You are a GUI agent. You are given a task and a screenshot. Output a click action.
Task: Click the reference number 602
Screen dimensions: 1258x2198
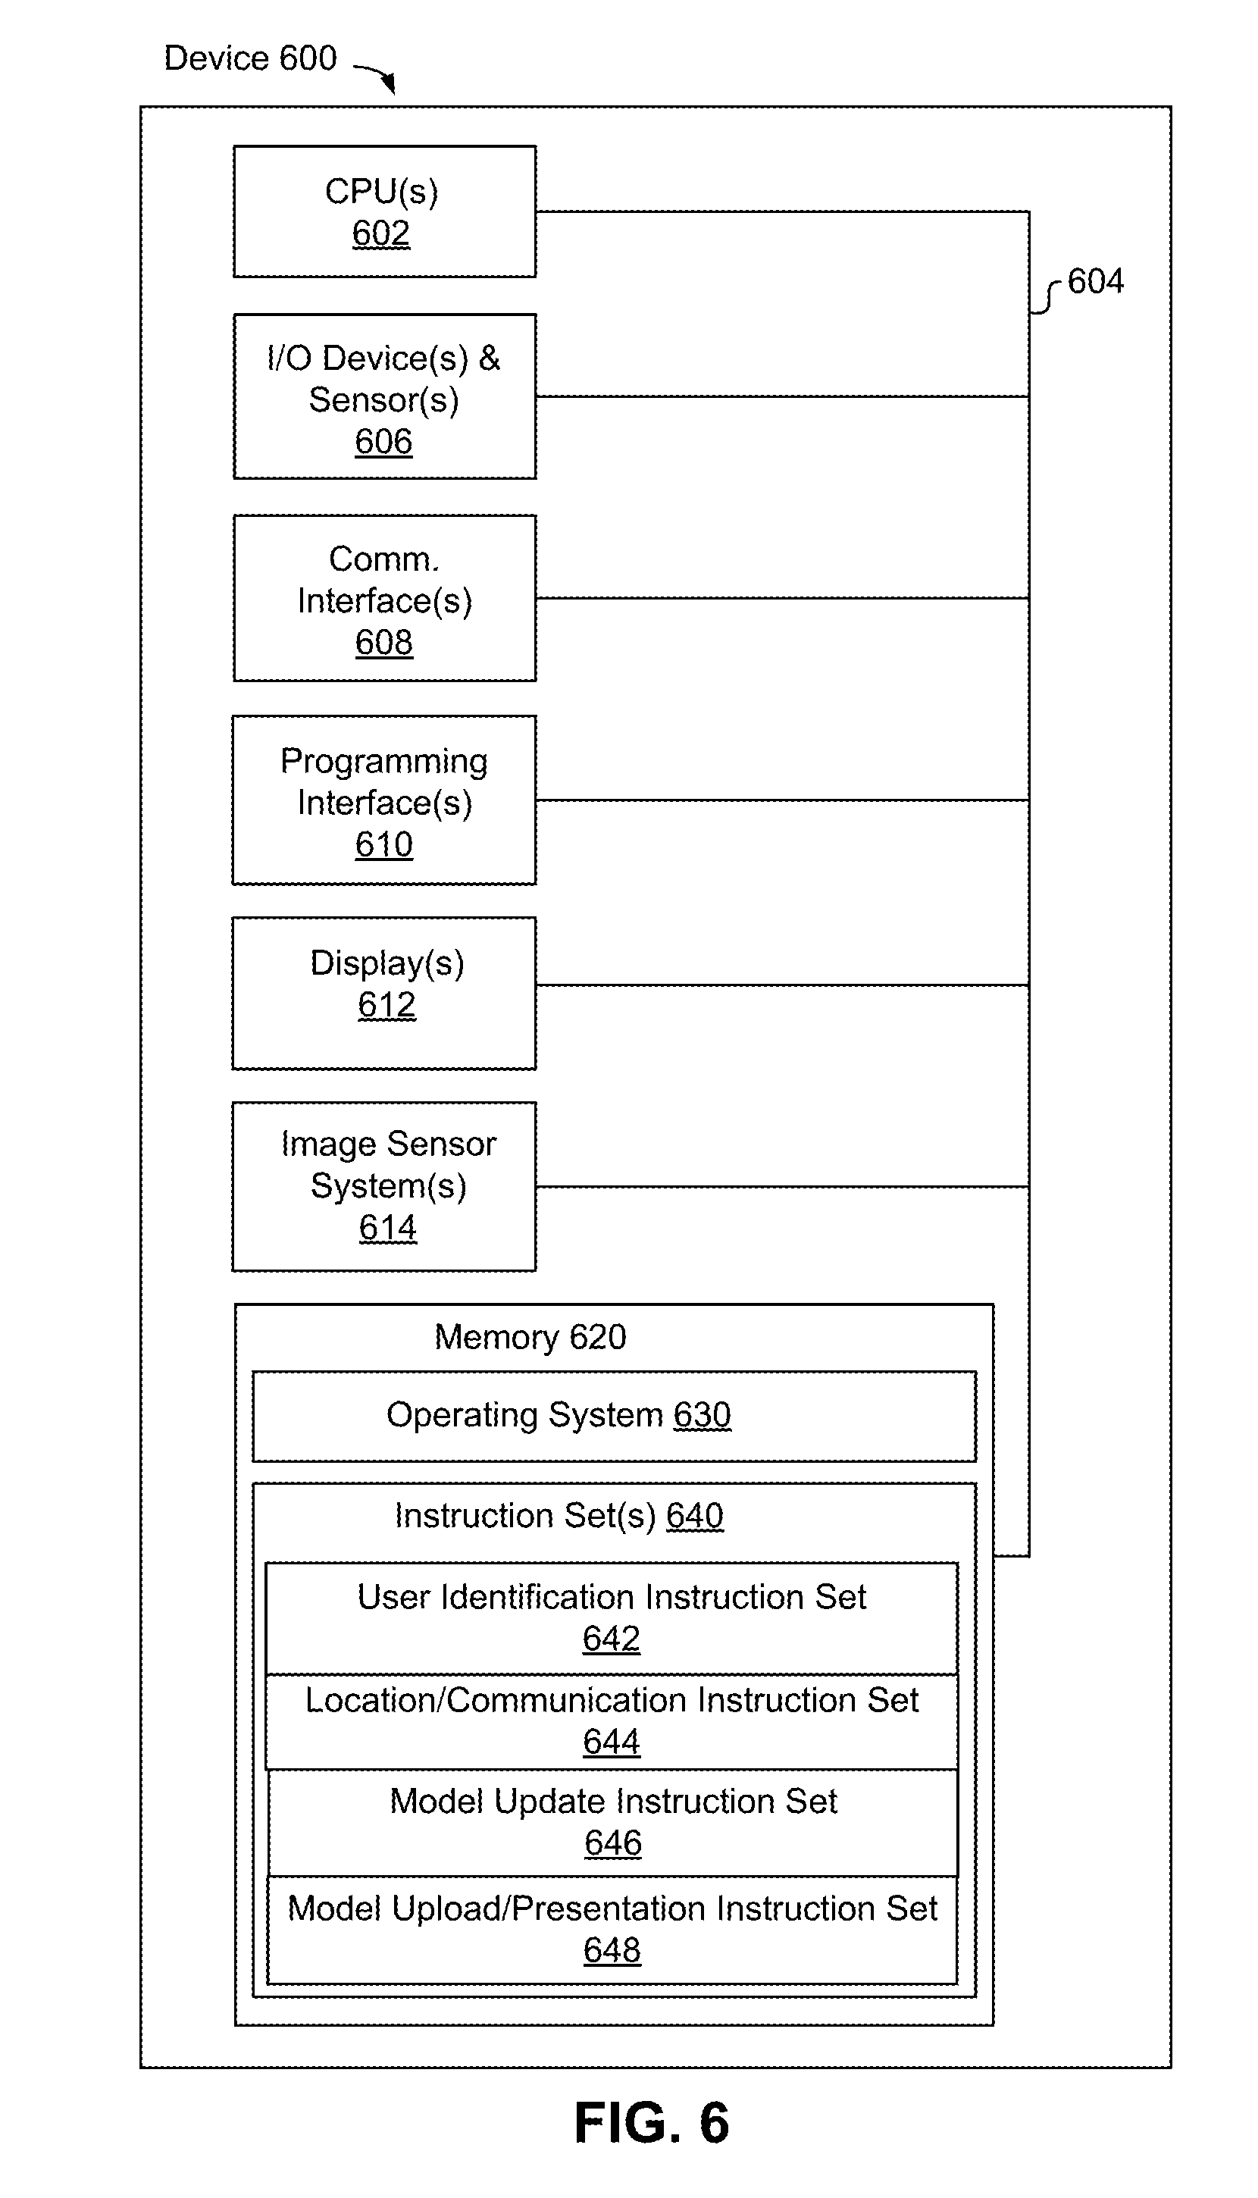click(381, 234)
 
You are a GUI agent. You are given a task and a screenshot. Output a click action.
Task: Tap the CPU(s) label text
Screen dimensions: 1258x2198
click(381, 192)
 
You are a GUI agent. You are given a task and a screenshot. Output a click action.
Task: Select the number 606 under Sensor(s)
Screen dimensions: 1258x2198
click(383, 443)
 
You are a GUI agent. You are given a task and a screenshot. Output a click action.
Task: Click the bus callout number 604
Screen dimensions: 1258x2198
click(1096, 282)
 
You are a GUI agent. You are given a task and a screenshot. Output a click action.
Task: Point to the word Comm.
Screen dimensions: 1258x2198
click(383, 559)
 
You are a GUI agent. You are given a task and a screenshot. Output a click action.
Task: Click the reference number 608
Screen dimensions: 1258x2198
click(383, 643)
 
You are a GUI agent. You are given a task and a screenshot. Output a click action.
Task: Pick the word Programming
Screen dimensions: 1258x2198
click(383, 762)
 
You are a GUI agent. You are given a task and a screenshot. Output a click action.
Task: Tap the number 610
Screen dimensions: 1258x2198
click(383, 845)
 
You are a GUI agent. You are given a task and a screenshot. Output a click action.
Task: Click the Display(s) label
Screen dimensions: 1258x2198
click(387, 963)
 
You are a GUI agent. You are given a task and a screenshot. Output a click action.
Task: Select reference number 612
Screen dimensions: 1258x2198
click(387, 1006)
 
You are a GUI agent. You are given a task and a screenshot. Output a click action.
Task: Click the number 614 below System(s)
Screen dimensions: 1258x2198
click(388, 1229)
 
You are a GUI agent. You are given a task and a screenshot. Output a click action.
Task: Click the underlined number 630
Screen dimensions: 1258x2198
click(703, 1415)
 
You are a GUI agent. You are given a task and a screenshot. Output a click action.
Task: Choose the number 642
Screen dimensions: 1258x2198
click(611, 1639)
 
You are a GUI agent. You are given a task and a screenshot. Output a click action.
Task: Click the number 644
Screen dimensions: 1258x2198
click(611, 1742)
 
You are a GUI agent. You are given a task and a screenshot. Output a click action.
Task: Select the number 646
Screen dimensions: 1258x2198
click(612, 1844)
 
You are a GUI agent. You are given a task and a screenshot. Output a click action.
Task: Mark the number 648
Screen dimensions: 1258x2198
click(612, 1951)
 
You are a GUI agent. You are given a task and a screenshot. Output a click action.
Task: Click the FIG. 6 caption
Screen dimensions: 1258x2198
click(652, 2124)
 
